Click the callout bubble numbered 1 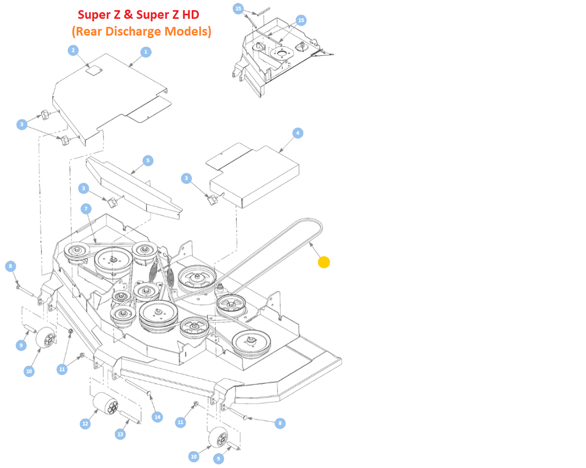click(x=146, y=52)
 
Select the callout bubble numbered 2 click(x=74, y=50)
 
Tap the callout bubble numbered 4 click(x=297, y=133)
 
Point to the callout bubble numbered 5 click(x=148, y=161)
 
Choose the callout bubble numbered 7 click(x=86, y=209)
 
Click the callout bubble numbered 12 click(x=85, y=424)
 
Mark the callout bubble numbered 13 click(x=120, y=434)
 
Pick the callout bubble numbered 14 click(x=157, y=417)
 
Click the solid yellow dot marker click(x=324, y=262)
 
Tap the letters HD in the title click(x=191, y=14)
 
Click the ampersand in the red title click(x=128, y=14)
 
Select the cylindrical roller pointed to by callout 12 click(x=105, y=404)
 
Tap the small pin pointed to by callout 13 click(x=129, y=417)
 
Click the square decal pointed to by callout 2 click(x=93, y=70)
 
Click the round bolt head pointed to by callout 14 click(x=148, y=393)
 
